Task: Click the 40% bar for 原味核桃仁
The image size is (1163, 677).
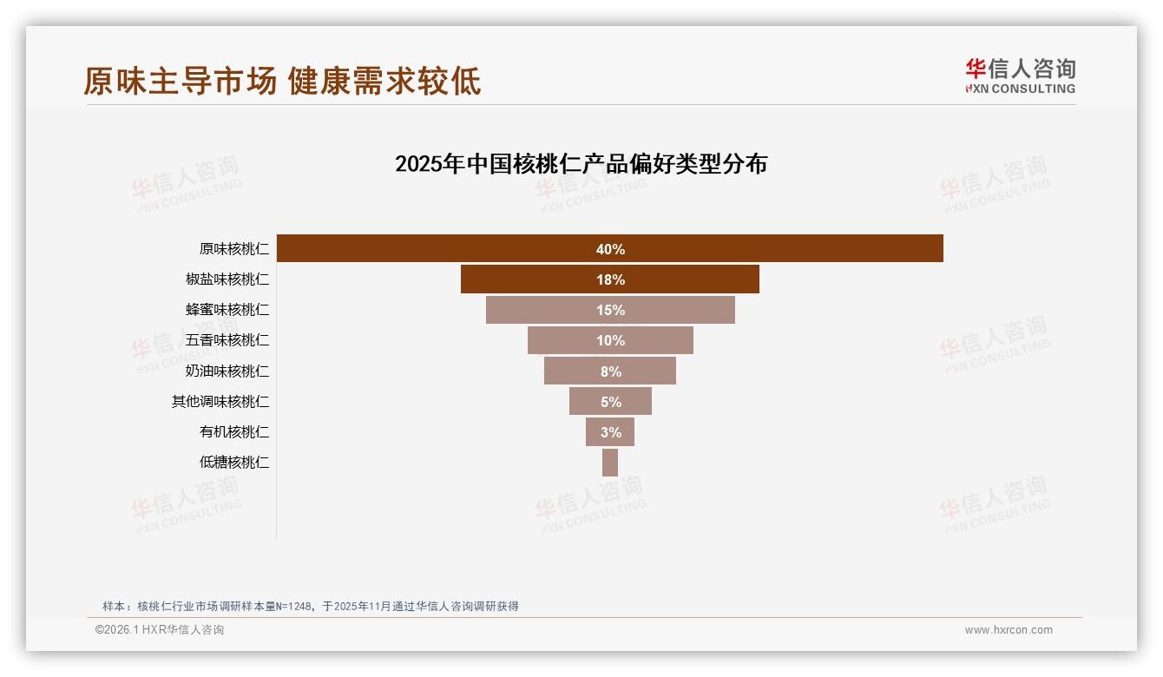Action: coord(609,248)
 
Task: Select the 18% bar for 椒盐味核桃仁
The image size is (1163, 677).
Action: coord(609,279)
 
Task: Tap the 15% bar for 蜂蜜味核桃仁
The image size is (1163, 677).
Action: coord(609,310)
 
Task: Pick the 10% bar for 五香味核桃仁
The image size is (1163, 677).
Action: coord(609,340)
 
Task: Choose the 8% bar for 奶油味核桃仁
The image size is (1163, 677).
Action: coord(609,371)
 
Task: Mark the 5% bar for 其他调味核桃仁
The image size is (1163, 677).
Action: coord(609,401)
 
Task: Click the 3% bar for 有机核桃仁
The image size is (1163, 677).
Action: coord(609,431)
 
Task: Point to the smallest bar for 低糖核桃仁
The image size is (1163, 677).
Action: coord(609,462)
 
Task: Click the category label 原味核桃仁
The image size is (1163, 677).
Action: coord(234,249)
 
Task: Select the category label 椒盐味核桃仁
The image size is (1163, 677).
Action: coord(227,279)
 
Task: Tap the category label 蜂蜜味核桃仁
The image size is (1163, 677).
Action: coord(227,310)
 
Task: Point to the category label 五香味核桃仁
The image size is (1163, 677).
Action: coord(227,340)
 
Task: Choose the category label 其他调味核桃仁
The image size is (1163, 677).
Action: coord(220,401)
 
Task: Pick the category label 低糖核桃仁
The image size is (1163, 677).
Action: coord(234,462)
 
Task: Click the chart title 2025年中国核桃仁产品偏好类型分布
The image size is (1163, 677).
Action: coord(581,163)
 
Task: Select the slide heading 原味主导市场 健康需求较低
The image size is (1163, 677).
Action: coord(282,81)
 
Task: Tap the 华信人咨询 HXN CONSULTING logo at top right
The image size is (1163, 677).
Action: coord(1020,76)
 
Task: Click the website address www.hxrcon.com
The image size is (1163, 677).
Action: coord(1009,630)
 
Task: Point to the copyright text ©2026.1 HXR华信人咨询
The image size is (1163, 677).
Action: coord(160,630)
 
